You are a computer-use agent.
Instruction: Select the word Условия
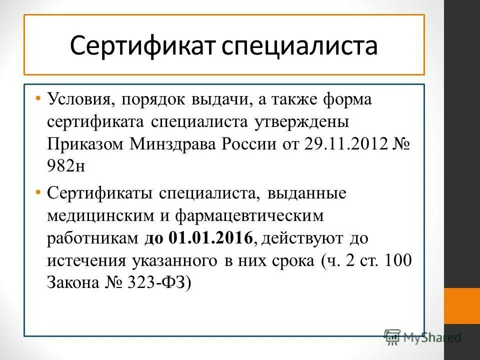[79, 99]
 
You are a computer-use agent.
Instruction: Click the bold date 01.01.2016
[210, 238]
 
